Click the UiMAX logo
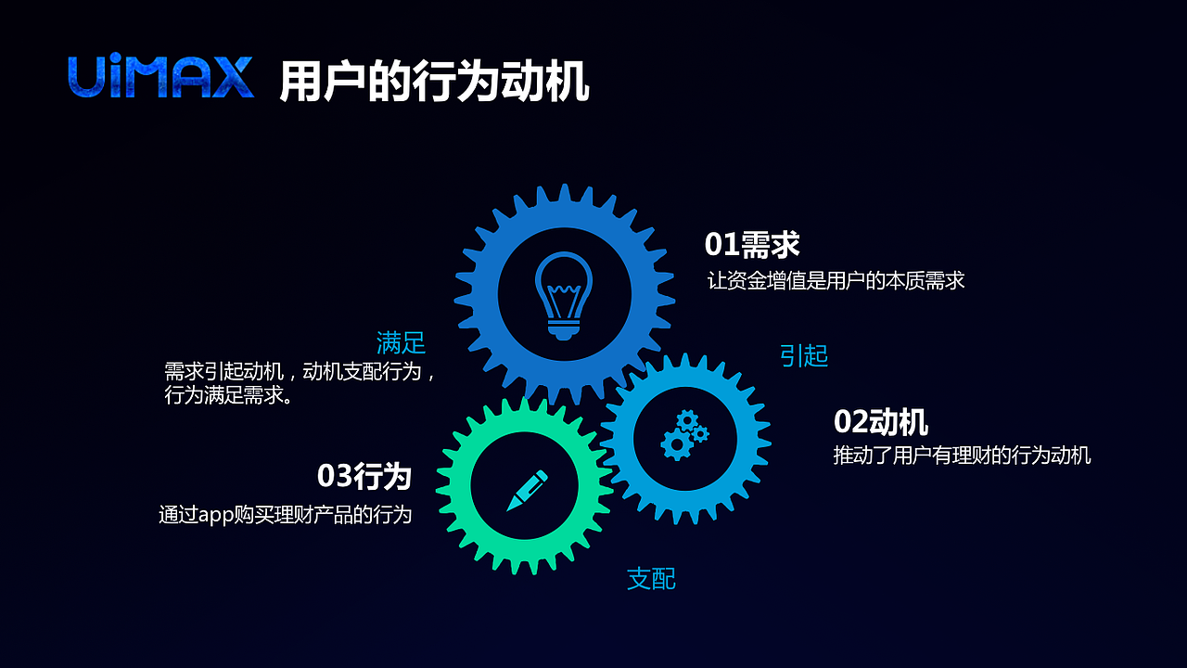(160, 78)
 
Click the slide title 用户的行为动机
(434, 82)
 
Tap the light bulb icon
(564, 294)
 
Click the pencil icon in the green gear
(526, 490)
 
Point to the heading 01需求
(752, 245)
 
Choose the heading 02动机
(881, 422)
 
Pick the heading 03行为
(364, 476)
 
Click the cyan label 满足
(401, 343)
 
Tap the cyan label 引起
(803, 355)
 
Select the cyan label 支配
(651, 579)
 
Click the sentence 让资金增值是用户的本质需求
(836, 280)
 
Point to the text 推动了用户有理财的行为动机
(962, 456)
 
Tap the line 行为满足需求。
(229, 395)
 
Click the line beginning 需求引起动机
(300, 372)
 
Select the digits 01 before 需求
(721, 245)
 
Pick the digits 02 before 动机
(850, 422)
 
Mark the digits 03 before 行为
(334, 476)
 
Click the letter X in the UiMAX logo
(231, 78)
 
